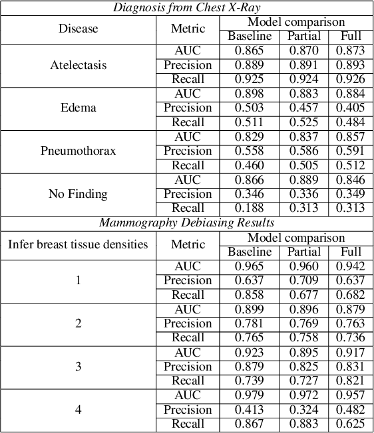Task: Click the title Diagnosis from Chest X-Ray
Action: [187, 7]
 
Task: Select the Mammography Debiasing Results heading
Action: [187, 222]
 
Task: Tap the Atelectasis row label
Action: [78, 65]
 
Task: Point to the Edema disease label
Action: [78, 108]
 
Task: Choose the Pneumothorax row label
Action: [78, 151]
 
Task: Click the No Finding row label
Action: [78, 194]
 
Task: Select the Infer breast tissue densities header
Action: [78, 244]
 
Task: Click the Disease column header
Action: [78, 29]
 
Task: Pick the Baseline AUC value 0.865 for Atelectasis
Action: [250, 50]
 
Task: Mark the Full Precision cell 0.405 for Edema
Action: [350, 108]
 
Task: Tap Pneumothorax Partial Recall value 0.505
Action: [303, 165]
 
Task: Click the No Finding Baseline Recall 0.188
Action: [250, 209]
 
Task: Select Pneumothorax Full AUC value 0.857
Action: [350, 136]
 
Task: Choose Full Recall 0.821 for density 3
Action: [350, 381]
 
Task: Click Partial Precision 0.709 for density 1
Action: [303, 280]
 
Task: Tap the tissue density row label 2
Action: [78, 323]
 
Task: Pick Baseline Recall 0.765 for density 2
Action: [250, 338]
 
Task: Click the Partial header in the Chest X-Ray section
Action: [303, 36]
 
